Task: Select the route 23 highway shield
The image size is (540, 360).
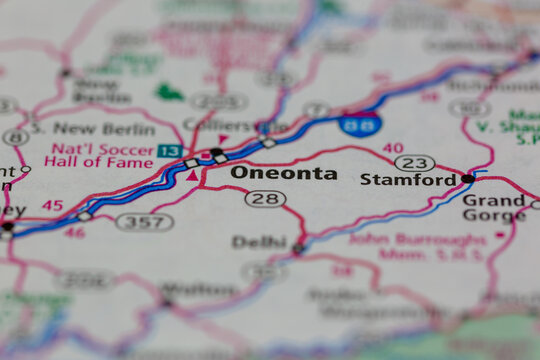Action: click(414, 162)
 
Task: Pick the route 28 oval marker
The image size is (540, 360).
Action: click(265, 198)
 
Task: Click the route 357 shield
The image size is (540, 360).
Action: click(144, 221)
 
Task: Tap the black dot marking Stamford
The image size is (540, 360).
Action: click(467, 178)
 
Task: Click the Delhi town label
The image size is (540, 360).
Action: click(259, 241)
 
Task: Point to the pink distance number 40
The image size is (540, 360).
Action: click(392, 148)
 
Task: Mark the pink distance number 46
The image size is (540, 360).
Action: click(75, 232)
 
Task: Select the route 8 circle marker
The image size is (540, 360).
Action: click(14, 137)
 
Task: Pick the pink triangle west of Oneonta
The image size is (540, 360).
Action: click(191, 176)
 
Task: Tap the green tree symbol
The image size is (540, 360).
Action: click(169, 93)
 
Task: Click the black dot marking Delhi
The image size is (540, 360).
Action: click(298, 248)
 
